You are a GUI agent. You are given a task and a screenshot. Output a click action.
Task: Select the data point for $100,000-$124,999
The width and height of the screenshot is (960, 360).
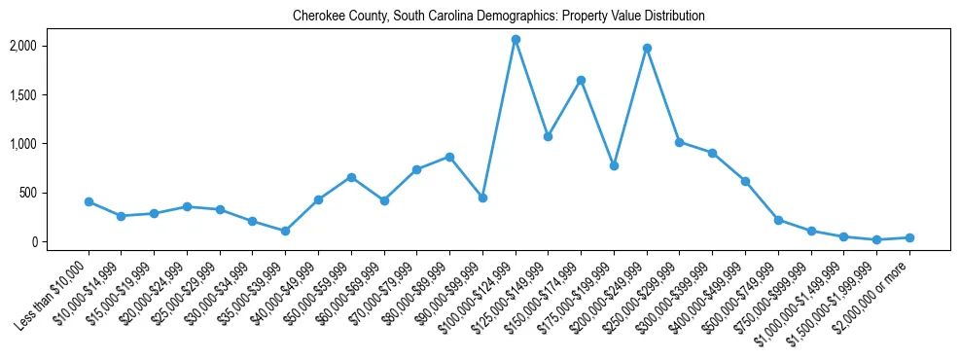click(x=516, y=39)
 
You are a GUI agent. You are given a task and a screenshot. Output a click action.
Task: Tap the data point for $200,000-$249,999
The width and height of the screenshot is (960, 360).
click(x=647, y=48)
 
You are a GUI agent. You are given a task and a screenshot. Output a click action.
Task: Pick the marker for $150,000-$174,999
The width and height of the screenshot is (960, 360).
click(x=581, y=80)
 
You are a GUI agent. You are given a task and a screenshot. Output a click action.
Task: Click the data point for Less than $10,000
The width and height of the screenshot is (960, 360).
click(x=89, y=201)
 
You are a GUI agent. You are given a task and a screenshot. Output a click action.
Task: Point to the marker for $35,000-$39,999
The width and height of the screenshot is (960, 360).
click(x=285, y=231)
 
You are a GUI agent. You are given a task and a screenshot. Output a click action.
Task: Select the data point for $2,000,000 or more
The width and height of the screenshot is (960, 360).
click(x=909, y=237)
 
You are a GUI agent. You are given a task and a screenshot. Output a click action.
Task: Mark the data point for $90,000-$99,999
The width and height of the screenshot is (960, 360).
click(x=482, y=198)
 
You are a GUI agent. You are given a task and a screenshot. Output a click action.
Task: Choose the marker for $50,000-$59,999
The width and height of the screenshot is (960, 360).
click(x=351, y=177)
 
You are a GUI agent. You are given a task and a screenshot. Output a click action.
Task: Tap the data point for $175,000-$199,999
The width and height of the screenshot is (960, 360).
click(x=614, y=165)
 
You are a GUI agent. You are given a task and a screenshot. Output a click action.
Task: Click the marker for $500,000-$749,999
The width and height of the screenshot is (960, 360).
click(x=778, y=220)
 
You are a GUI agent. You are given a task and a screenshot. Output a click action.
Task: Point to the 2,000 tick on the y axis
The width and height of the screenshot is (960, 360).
click(x=51, y=46)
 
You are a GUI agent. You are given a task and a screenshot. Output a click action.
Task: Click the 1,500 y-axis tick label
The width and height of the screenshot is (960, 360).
click(x=51, y=94)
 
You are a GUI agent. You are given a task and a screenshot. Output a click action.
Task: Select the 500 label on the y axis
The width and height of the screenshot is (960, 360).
click(x=57, y=193)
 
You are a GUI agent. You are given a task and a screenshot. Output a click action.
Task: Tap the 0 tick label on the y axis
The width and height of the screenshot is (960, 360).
click(x=62, y=241)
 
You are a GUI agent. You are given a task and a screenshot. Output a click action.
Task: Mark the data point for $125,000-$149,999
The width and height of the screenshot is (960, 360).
click(x=548, y=136)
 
